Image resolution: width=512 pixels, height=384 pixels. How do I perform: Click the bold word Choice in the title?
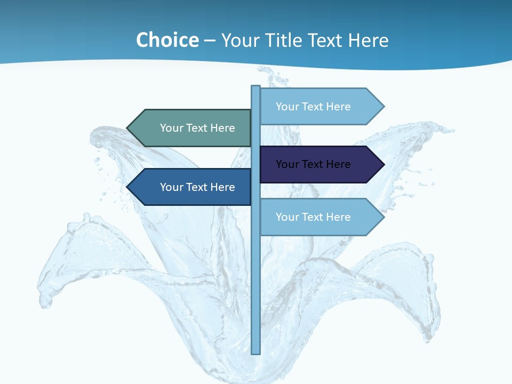167,40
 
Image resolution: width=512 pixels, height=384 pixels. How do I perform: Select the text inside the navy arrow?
313,164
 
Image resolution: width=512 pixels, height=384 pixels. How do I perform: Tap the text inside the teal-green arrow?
197,128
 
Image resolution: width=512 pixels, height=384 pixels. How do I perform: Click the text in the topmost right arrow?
313,107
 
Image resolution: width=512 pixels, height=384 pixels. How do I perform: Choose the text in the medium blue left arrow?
197,187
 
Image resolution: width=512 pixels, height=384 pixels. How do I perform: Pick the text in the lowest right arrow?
313,217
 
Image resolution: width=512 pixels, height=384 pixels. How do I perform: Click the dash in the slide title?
210,41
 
